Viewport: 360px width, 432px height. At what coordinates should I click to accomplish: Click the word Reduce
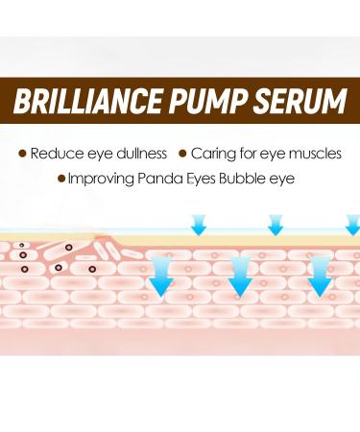click(x=55, y=153)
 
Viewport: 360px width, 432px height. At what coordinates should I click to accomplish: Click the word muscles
click(x=310, y=153)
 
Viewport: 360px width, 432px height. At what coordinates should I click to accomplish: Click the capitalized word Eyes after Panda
click(x=209, y=179)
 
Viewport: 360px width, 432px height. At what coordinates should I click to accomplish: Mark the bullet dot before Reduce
click(x=22, y=153)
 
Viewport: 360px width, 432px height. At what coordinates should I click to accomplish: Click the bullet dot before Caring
click(x=182, y=153)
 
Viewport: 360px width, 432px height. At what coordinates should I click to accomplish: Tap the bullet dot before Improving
click(x=62, y=179)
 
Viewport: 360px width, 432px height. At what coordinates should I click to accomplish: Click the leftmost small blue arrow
click(x=199, y=225)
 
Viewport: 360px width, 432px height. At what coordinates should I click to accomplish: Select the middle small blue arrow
click(x=276, y=225)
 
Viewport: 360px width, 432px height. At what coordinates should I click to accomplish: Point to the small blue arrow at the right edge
click(x=352, y=225)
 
